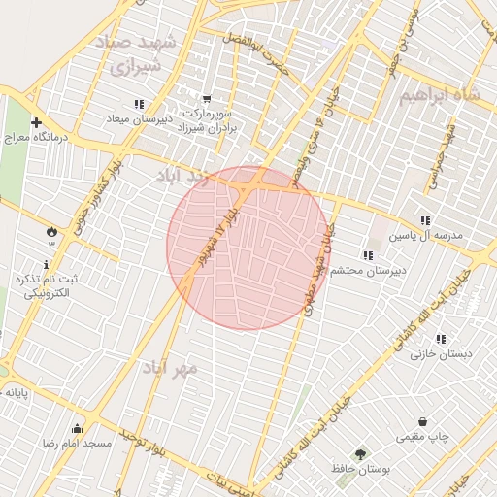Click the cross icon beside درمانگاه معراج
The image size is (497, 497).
coord(36,123)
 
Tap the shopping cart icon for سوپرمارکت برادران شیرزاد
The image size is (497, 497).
coord(207,98)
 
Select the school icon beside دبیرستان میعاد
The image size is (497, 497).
coord(140,104)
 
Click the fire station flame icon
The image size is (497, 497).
coord(50,231)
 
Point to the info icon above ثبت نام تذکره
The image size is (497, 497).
coord(46,264)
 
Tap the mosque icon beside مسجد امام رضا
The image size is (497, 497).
coord(77,428)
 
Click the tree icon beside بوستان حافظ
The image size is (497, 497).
coord(361,453)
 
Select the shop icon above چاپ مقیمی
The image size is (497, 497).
coord(423,421)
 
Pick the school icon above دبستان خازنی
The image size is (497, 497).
coord(441,339)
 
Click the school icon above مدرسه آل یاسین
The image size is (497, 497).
coord(425,220)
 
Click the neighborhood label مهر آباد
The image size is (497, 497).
coord(170,369)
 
